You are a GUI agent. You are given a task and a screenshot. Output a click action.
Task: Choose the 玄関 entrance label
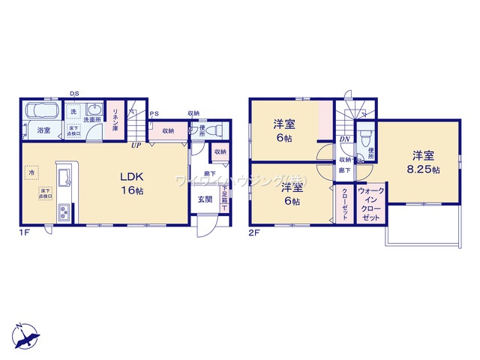click(205, 199)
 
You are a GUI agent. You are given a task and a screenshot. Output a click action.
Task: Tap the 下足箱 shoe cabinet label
click(224, 199)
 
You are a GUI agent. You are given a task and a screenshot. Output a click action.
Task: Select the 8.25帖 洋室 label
click(424, 163)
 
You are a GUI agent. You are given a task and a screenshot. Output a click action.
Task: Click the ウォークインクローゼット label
click(370, 204)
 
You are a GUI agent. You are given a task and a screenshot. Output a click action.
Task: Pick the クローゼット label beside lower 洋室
click(345, 202)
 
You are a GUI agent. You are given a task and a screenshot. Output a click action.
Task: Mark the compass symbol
click(24, 335)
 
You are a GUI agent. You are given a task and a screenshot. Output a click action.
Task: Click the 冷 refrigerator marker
click(31, 172)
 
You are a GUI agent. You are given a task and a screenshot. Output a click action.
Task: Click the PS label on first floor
click(154, 114)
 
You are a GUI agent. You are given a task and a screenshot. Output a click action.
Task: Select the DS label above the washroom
click(73, 93)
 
